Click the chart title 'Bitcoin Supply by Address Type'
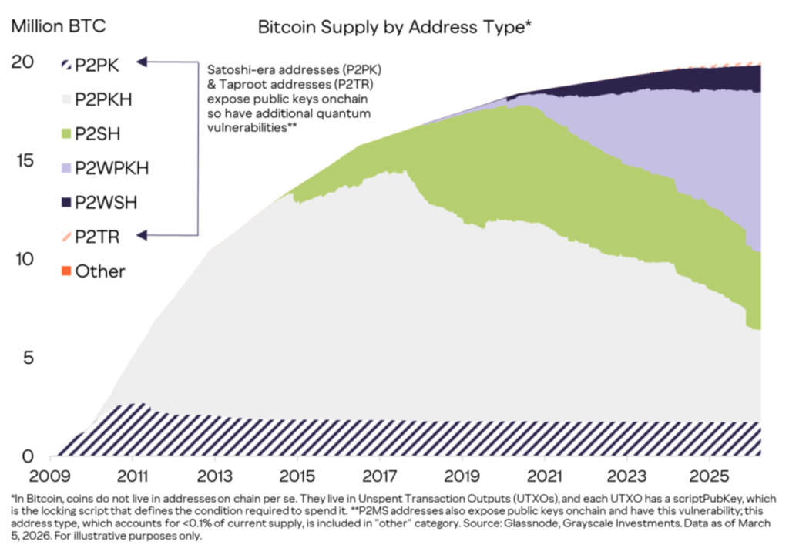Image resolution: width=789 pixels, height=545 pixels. [395, 27]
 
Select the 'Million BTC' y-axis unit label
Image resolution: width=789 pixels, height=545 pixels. [59, 26]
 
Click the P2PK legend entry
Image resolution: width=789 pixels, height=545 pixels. [89, 63]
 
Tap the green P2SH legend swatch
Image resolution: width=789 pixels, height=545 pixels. [65, 133]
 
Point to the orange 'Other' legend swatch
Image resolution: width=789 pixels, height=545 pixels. [65, 271]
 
